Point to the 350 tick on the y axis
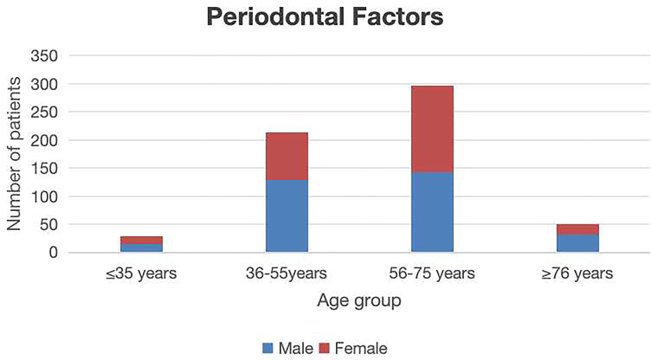[44, 56]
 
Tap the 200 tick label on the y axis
[44, 140]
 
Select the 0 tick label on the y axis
[53, 252]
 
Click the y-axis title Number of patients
[14, 154]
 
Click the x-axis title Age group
[359, 301]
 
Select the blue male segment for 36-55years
[287, 216]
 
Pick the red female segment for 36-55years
[287, 156]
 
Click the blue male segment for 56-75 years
[432, 212]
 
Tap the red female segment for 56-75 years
[432, 129]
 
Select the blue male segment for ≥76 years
[578, 243]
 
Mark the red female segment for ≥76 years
[578, 229]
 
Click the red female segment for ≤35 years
[141, 240]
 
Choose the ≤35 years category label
[141, 274]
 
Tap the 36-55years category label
[286, 274]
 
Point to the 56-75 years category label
[432, 274]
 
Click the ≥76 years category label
[577, 274]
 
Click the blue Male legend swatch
[268, 348]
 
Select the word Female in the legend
[361, 348]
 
